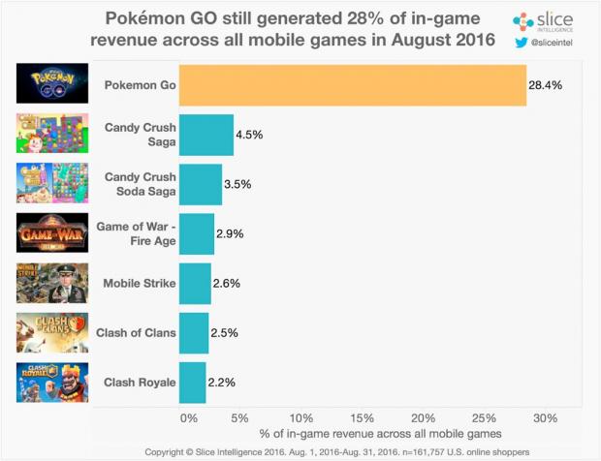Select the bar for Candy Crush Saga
click(206, 135)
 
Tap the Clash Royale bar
click(193, 382)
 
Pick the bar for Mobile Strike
click(195, 284)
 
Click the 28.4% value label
click(547, 85)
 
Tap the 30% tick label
click(546, 417)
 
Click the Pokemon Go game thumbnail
click(52, 84)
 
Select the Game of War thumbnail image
click(52, 233)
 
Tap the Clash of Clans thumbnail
click(52, 332)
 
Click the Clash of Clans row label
click(136, 333)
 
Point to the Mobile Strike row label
click(140, 284)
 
